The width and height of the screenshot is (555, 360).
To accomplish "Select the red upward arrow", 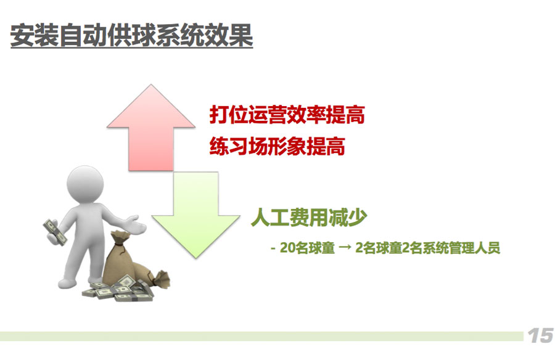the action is [x=151, y=128].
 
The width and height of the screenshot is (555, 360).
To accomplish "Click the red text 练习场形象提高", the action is [x=277, y=146].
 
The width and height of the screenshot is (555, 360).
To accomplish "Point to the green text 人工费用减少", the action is [x=309, y=217].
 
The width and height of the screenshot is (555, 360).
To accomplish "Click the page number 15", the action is [x=540, y=335].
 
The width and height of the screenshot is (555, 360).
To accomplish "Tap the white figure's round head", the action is [x=85, y=185].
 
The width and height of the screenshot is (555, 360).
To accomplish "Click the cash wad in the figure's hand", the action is [x=55, y=232].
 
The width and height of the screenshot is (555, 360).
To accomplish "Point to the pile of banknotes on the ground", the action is [x=118, y=289].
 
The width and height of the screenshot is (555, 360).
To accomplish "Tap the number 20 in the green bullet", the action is [x=287, y=248].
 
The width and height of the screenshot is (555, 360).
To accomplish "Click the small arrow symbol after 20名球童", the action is [x=345, y=248].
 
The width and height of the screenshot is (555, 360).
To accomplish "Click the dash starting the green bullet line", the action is [x=273, y=248].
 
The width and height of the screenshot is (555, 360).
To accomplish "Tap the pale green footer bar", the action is [x=261, y=336].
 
